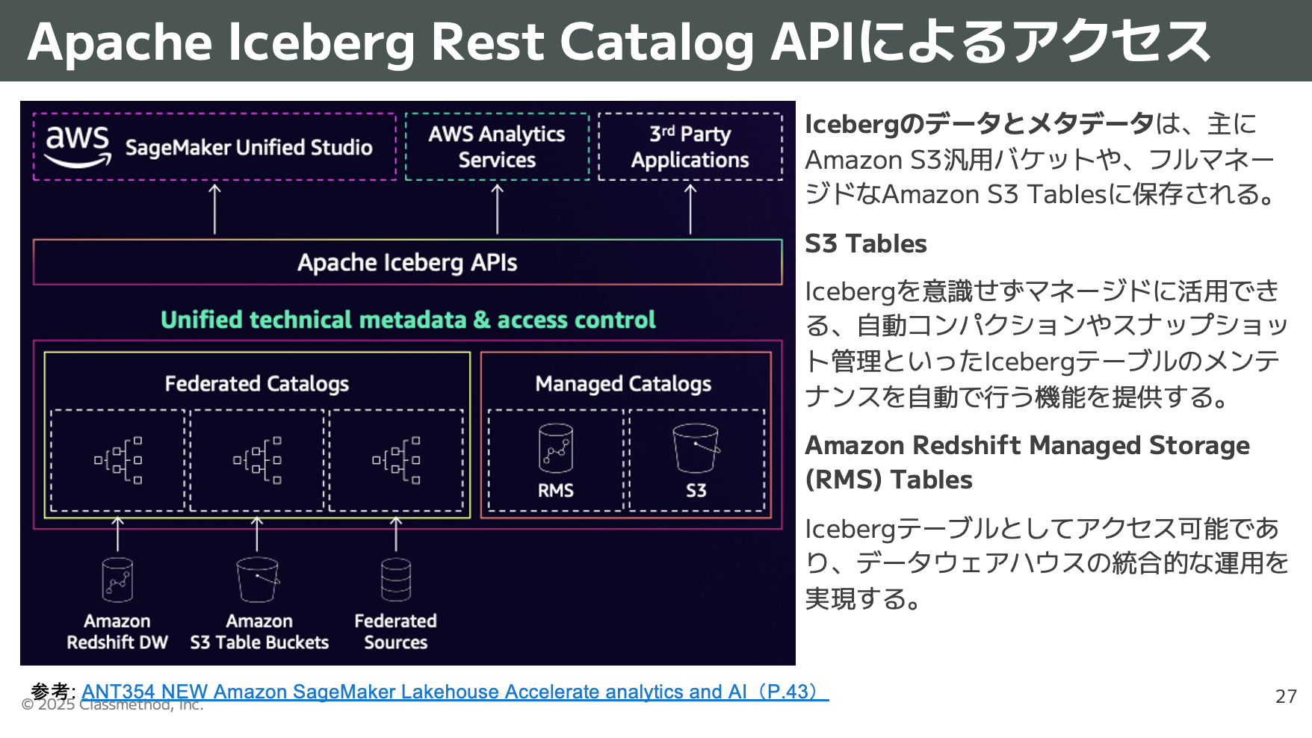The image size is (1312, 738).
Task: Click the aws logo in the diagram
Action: tap(78, 146)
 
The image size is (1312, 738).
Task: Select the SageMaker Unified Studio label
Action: tap(249, 147)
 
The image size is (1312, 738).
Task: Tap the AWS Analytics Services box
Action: tap(497, 146)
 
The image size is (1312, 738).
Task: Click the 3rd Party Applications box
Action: tap(690, 146)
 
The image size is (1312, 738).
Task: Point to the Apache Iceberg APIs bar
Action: tap(407, 262)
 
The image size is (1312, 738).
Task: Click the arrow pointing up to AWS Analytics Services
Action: tap(498, 209)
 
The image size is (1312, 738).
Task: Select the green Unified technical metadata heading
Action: tap(408, 320)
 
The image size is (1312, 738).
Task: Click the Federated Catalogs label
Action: tap(256, 383)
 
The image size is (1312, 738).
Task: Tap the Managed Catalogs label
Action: tap(623, 383)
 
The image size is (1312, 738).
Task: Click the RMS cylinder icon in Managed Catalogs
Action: tap(556, 448)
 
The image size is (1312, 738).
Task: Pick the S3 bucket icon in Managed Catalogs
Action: tap(696, 448)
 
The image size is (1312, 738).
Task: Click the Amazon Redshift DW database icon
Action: tap(117, 580)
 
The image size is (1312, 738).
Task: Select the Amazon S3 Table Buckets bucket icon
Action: tap(258, 580)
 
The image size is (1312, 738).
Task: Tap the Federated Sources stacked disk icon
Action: tap(396, 580)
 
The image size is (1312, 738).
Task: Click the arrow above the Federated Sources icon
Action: tap(396, 534)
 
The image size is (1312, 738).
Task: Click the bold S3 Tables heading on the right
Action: tap(865, 244)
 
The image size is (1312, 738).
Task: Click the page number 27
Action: tap(1285, 696)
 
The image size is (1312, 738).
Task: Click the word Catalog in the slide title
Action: tap(657, 42)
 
